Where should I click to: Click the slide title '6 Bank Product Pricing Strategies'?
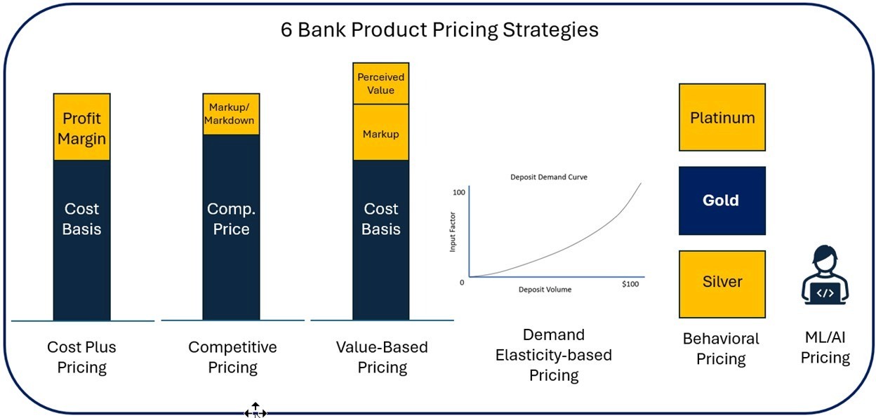click(x=439, y=30)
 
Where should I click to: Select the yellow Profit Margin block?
click(x=81, y=128)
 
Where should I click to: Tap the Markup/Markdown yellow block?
click(x=231, y=114)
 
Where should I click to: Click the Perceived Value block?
click(x=380, y=83)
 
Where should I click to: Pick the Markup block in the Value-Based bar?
click(x=380, y=133)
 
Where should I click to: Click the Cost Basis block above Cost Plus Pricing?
click(x=81, y=238)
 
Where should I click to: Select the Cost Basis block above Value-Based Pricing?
click(x=380, y=238)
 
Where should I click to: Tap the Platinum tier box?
click(x=722, y=117)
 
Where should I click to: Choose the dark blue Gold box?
click(x=722, y=201)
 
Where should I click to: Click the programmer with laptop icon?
click(x=825, y=275)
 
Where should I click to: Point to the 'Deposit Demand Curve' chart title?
click(x=548, y=177)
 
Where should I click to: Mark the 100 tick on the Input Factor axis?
click(x=459, y=192)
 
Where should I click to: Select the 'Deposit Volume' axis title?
click(x=545, y=290)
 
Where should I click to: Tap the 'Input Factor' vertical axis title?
click(x=453, y=234)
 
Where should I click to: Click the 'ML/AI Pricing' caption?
click(x=825, y=348)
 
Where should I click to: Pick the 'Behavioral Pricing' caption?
click(x=721, y=349)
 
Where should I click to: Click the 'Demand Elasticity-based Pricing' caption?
click(x=553, y=355)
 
